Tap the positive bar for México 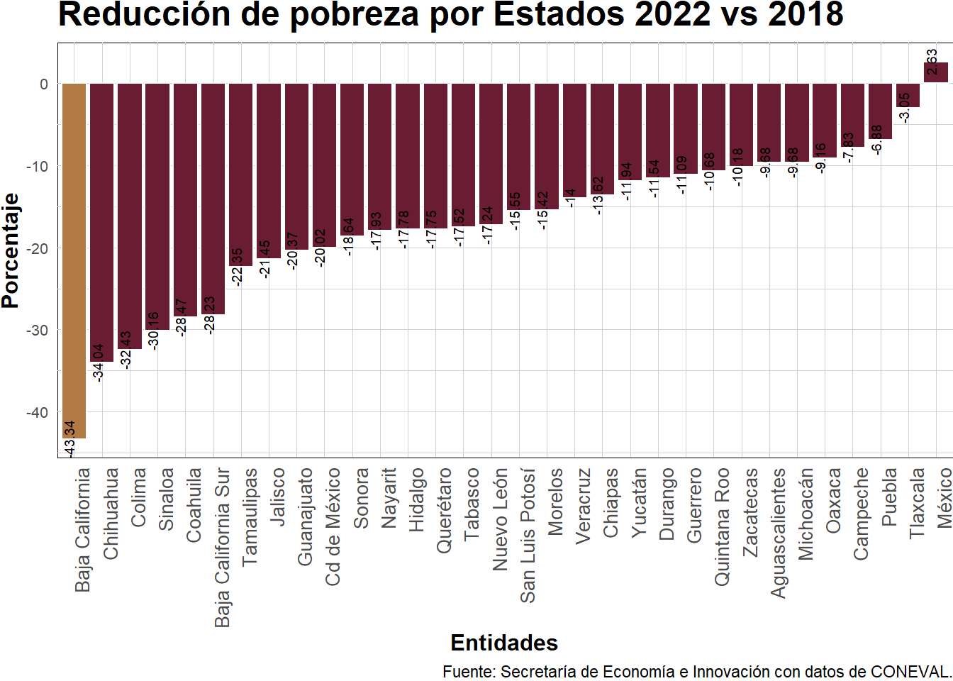935,73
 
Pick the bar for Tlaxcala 908,96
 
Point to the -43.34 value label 69,439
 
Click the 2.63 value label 932,62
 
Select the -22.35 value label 238,267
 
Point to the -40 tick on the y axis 37,412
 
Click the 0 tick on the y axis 44,84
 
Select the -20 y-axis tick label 37,248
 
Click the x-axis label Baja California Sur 222,547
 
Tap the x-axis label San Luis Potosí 528,536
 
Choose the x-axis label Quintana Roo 722,526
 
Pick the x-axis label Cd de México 333,526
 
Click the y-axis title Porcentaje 11,250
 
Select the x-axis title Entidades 504,643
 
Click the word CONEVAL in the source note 910,672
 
